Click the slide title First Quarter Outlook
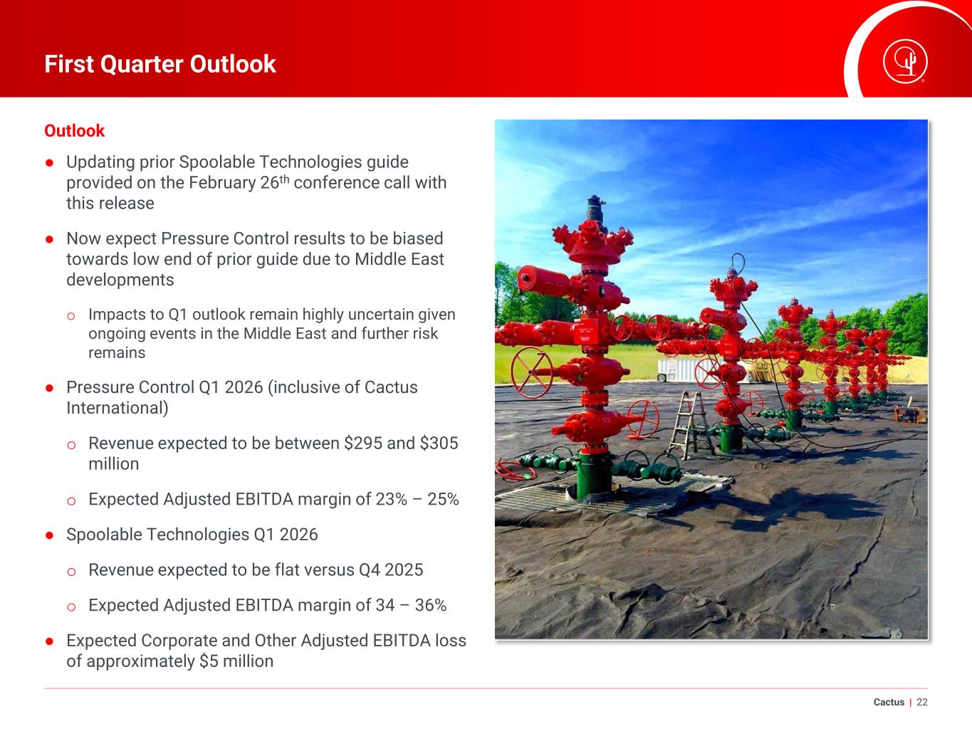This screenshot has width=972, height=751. pyautogui.click(x=160, y=64)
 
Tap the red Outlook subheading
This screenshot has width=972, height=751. pyautogui.click(x=74, y=131)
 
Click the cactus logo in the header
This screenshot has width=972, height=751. pyautogui.click(x=905, y=62)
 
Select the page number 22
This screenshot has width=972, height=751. pyautogui.click(x=922, y=702)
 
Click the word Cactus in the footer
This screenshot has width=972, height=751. pyautogui.click(x=889, y=702)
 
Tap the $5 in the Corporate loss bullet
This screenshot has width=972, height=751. pyautogui.click(x=209, y=661)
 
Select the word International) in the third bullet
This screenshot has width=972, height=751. pyautogui.click(x=117, y=408)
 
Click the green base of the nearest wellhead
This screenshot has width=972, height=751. pyautogui.click(x=594, y=476)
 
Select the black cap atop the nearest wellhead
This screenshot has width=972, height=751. pyautogui.click(x=596, y=208)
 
